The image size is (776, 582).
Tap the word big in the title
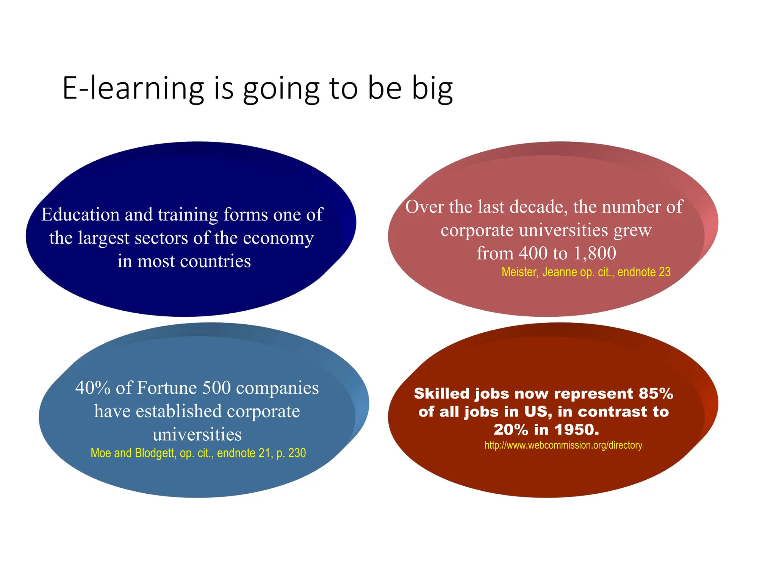tap(432, 89)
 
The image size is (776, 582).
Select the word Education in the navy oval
tap(80, 214)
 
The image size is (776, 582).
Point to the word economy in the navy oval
tap(278, 238)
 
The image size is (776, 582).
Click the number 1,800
tap(595, 253)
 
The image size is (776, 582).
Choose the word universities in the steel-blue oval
tap(197, 434)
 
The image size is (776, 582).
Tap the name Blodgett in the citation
tap(154, 453)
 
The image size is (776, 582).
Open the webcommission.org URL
tap(563, 445)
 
